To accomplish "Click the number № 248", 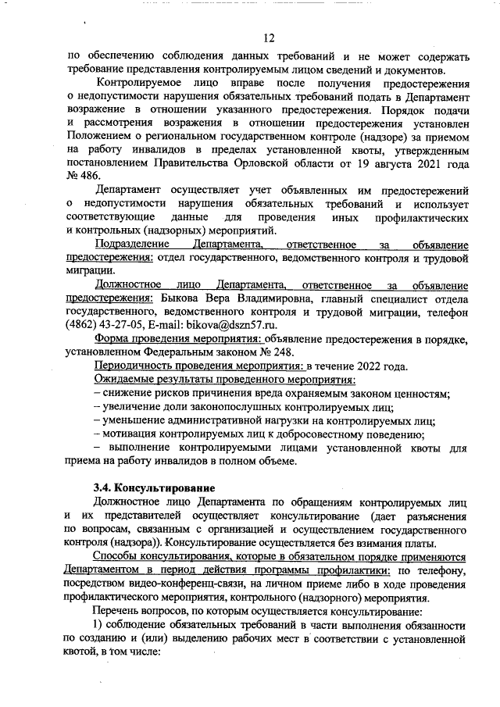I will point(270,352).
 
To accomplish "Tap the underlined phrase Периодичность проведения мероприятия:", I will point(198,366).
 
